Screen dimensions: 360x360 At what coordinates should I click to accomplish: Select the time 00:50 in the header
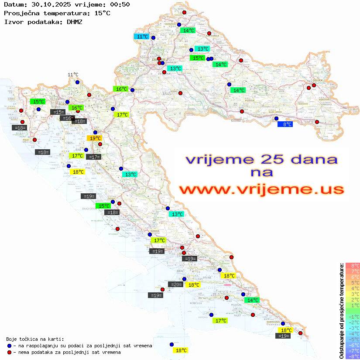120,4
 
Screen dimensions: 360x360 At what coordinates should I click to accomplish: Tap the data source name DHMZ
75,21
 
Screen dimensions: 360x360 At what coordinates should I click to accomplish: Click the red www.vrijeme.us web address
261,189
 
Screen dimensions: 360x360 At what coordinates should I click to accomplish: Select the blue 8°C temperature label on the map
285,124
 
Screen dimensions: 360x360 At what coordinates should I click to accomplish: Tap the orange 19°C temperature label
95,138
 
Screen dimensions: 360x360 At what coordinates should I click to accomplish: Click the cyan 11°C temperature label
142,37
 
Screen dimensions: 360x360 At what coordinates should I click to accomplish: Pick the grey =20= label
176,285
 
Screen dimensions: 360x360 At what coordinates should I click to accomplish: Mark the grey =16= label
67,118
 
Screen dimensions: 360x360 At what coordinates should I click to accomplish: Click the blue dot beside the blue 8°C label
276,118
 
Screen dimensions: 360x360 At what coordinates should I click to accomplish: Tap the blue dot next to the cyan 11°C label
153,38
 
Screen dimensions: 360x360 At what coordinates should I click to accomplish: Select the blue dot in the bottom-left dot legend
9,346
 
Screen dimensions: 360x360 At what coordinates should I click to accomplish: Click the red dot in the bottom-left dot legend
9,352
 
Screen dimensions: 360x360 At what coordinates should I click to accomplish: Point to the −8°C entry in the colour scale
353,356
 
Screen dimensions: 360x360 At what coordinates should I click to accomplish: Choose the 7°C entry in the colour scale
353,271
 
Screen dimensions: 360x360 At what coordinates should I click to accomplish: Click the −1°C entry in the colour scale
353,316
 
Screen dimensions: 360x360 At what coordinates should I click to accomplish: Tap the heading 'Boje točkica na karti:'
35,339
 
